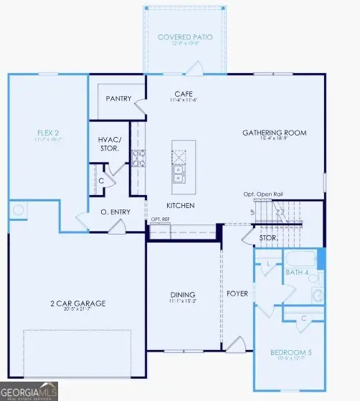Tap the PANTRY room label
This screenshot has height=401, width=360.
click(x=118, y=98)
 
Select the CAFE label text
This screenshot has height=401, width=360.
click(x=182, y=94)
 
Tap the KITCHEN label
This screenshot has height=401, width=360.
click(x=181, y=205)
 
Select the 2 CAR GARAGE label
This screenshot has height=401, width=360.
click(x=77, y=303)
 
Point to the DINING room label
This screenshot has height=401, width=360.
click(x=183, y=295)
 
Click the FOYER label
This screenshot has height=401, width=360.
click(x=237, y=293)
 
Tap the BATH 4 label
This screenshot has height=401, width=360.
click(x=296, y=273)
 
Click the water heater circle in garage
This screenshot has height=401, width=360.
click(x=19, y=210)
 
